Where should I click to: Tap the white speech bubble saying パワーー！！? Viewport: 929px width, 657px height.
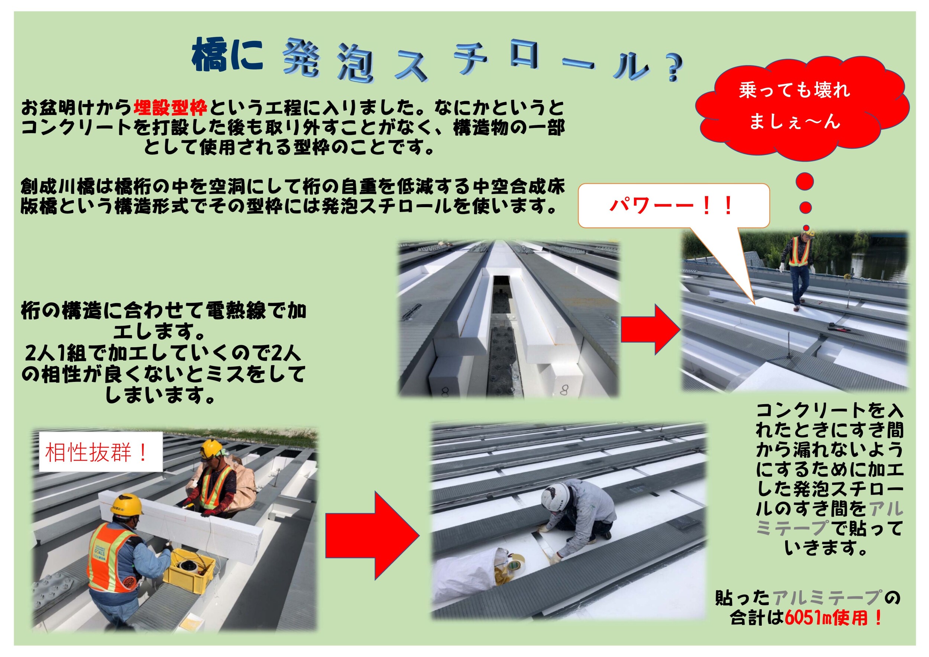(674, 206)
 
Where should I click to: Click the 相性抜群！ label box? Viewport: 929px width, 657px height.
(100, 452)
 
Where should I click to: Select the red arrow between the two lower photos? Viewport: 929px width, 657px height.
(373, 535)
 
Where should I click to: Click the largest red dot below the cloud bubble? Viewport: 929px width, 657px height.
(805, 181)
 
